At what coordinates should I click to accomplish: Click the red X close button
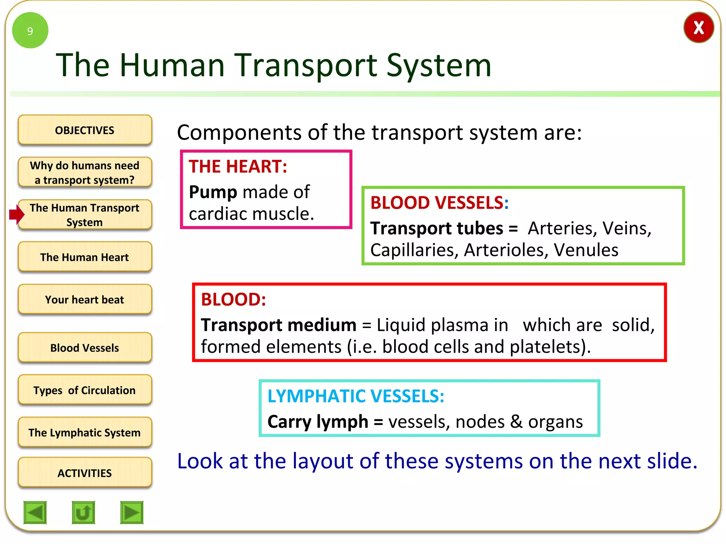(x=698, y=28)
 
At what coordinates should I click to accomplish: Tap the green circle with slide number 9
(x=30, y=30)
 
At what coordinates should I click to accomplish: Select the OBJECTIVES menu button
(x=85, y=130)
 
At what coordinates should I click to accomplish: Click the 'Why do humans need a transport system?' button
(x=85, y=172)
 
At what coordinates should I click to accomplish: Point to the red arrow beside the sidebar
(x=16, y=214)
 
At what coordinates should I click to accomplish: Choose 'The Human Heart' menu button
(x=85, y=257)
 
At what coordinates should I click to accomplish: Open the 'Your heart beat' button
(x=85, y=300)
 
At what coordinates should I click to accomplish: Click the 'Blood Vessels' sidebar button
(x=85, y=348)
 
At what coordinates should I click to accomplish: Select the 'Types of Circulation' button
(x=85, y=390)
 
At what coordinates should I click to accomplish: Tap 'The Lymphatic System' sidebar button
(x=85, y=432)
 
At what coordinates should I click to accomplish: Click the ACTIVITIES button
(x=85, y=473)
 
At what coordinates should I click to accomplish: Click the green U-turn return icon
(x=83, y=512)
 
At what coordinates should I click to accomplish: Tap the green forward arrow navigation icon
(x=132, y=512)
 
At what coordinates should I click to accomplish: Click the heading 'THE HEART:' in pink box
(x=238, y=166)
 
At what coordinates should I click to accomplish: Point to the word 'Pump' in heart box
(x=213, y=192)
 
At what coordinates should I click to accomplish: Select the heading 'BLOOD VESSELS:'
(x=439, y=203)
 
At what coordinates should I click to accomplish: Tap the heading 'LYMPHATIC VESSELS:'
(x=356, y=396)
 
